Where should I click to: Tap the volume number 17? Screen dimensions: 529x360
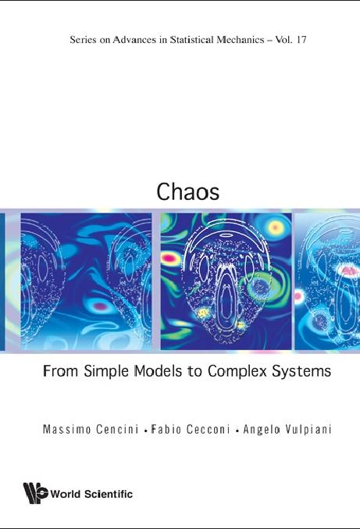298,39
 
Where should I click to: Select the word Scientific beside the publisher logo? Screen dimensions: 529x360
107,494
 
